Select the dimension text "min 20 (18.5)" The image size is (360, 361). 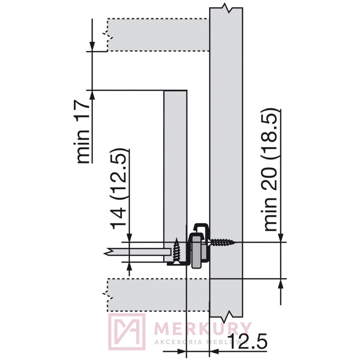[270, 170]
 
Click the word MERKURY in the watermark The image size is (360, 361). [203, 329]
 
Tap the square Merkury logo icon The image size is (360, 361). [127, 332]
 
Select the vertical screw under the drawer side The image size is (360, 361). [176, 251]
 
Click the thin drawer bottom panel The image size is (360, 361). [138, 252]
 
